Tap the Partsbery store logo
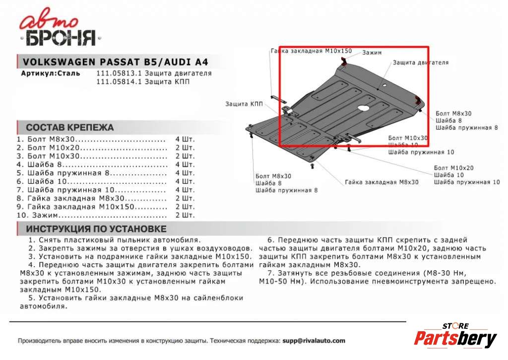[455, 337]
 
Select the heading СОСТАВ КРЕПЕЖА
[69, 128]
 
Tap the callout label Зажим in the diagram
[372, 53]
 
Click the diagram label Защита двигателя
[420, 63]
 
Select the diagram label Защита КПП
[244, 104]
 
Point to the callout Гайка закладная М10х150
[311, 51]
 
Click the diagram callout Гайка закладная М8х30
[381, 182]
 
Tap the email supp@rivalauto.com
[314, 341]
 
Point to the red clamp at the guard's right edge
[418, 102]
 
